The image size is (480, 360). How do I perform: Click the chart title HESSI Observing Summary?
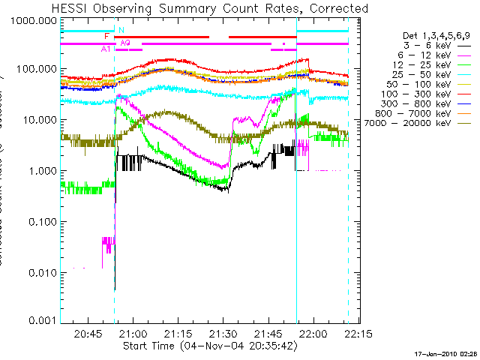point(211,8)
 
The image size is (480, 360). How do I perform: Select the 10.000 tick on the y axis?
point(40,120)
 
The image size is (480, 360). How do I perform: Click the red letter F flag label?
point(107,36)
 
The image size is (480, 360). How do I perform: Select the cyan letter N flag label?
point(121,30)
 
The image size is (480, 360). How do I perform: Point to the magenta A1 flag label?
point(106,49)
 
